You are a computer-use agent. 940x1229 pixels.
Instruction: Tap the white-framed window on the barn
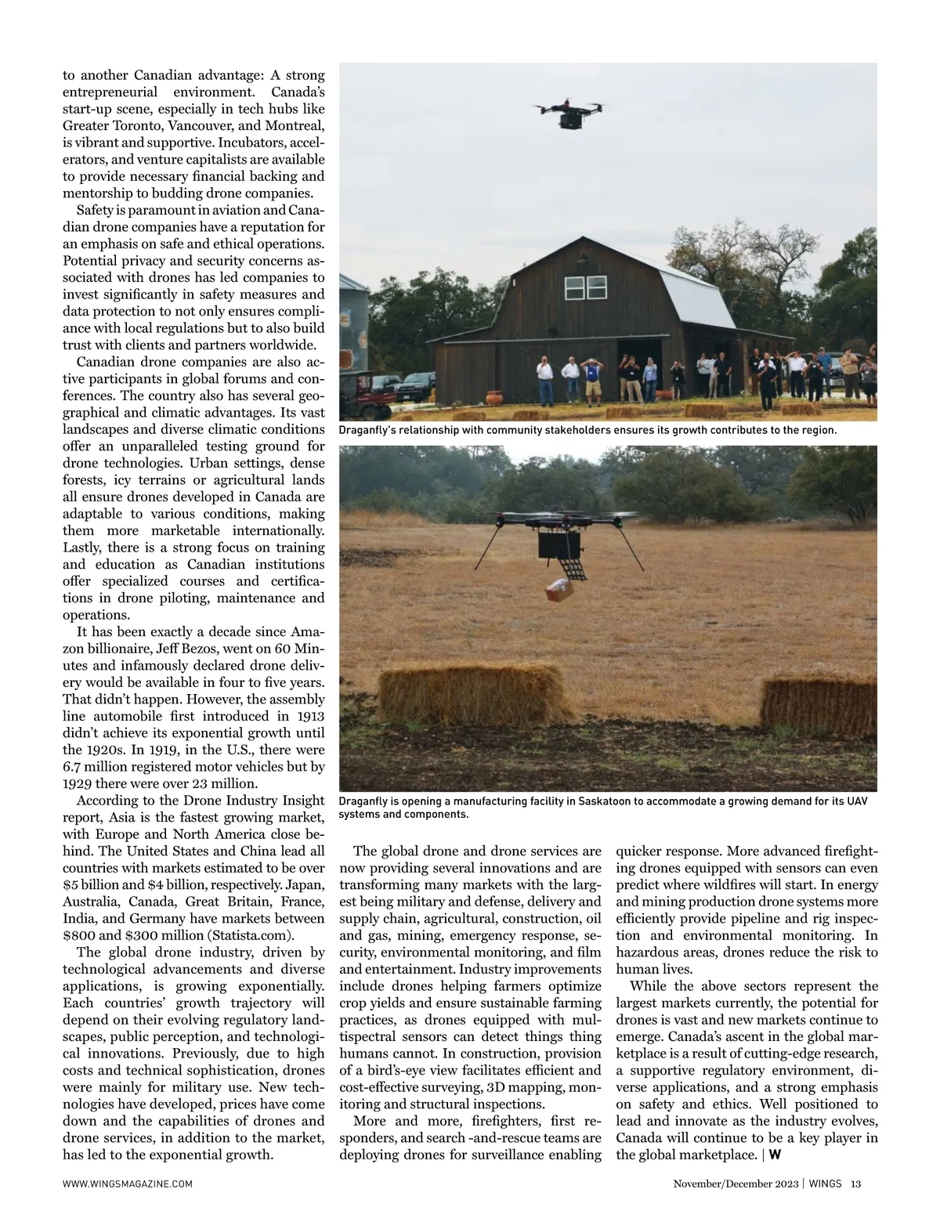click(x=575, y=288)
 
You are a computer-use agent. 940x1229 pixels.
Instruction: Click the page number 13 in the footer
click(x=855, y=1184)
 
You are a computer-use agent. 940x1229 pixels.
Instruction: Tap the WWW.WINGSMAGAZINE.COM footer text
click(x=127, y=1184)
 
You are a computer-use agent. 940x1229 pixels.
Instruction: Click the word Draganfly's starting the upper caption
click(x=370, y=430)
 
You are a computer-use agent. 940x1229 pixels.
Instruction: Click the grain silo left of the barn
click(x=353, y=329)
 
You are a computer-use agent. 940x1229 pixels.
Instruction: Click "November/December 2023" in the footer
click(x=735, y=1184)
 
